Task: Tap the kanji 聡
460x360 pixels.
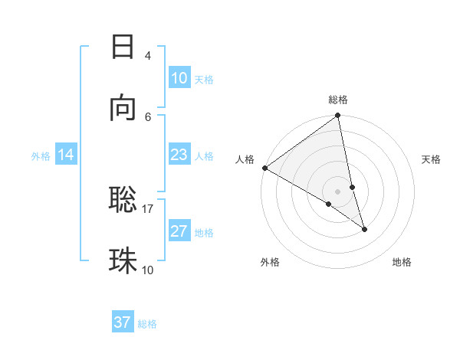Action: coord(123,200)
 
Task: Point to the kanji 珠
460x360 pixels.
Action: coord(123,261)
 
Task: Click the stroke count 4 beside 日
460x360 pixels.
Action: coord(147,56)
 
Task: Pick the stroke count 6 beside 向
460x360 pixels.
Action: coord(148,116)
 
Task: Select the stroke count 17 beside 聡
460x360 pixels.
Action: coord(148,208)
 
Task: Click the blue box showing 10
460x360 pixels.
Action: coord(179,78)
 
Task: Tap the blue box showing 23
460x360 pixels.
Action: coord(179,155)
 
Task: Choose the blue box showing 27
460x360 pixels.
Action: coord(179,231)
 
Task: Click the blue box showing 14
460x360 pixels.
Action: coord(65,155)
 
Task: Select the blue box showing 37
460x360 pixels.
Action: coord(123,322)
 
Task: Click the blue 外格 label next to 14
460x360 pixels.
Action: coord(41,156)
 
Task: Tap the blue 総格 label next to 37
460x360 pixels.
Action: coord(147,324)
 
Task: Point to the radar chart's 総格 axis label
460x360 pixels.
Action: coord(338,100)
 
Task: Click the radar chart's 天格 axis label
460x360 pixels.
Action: coord(431,159)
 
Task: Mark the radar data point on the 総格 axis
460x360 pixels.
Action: coord(338,116)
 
